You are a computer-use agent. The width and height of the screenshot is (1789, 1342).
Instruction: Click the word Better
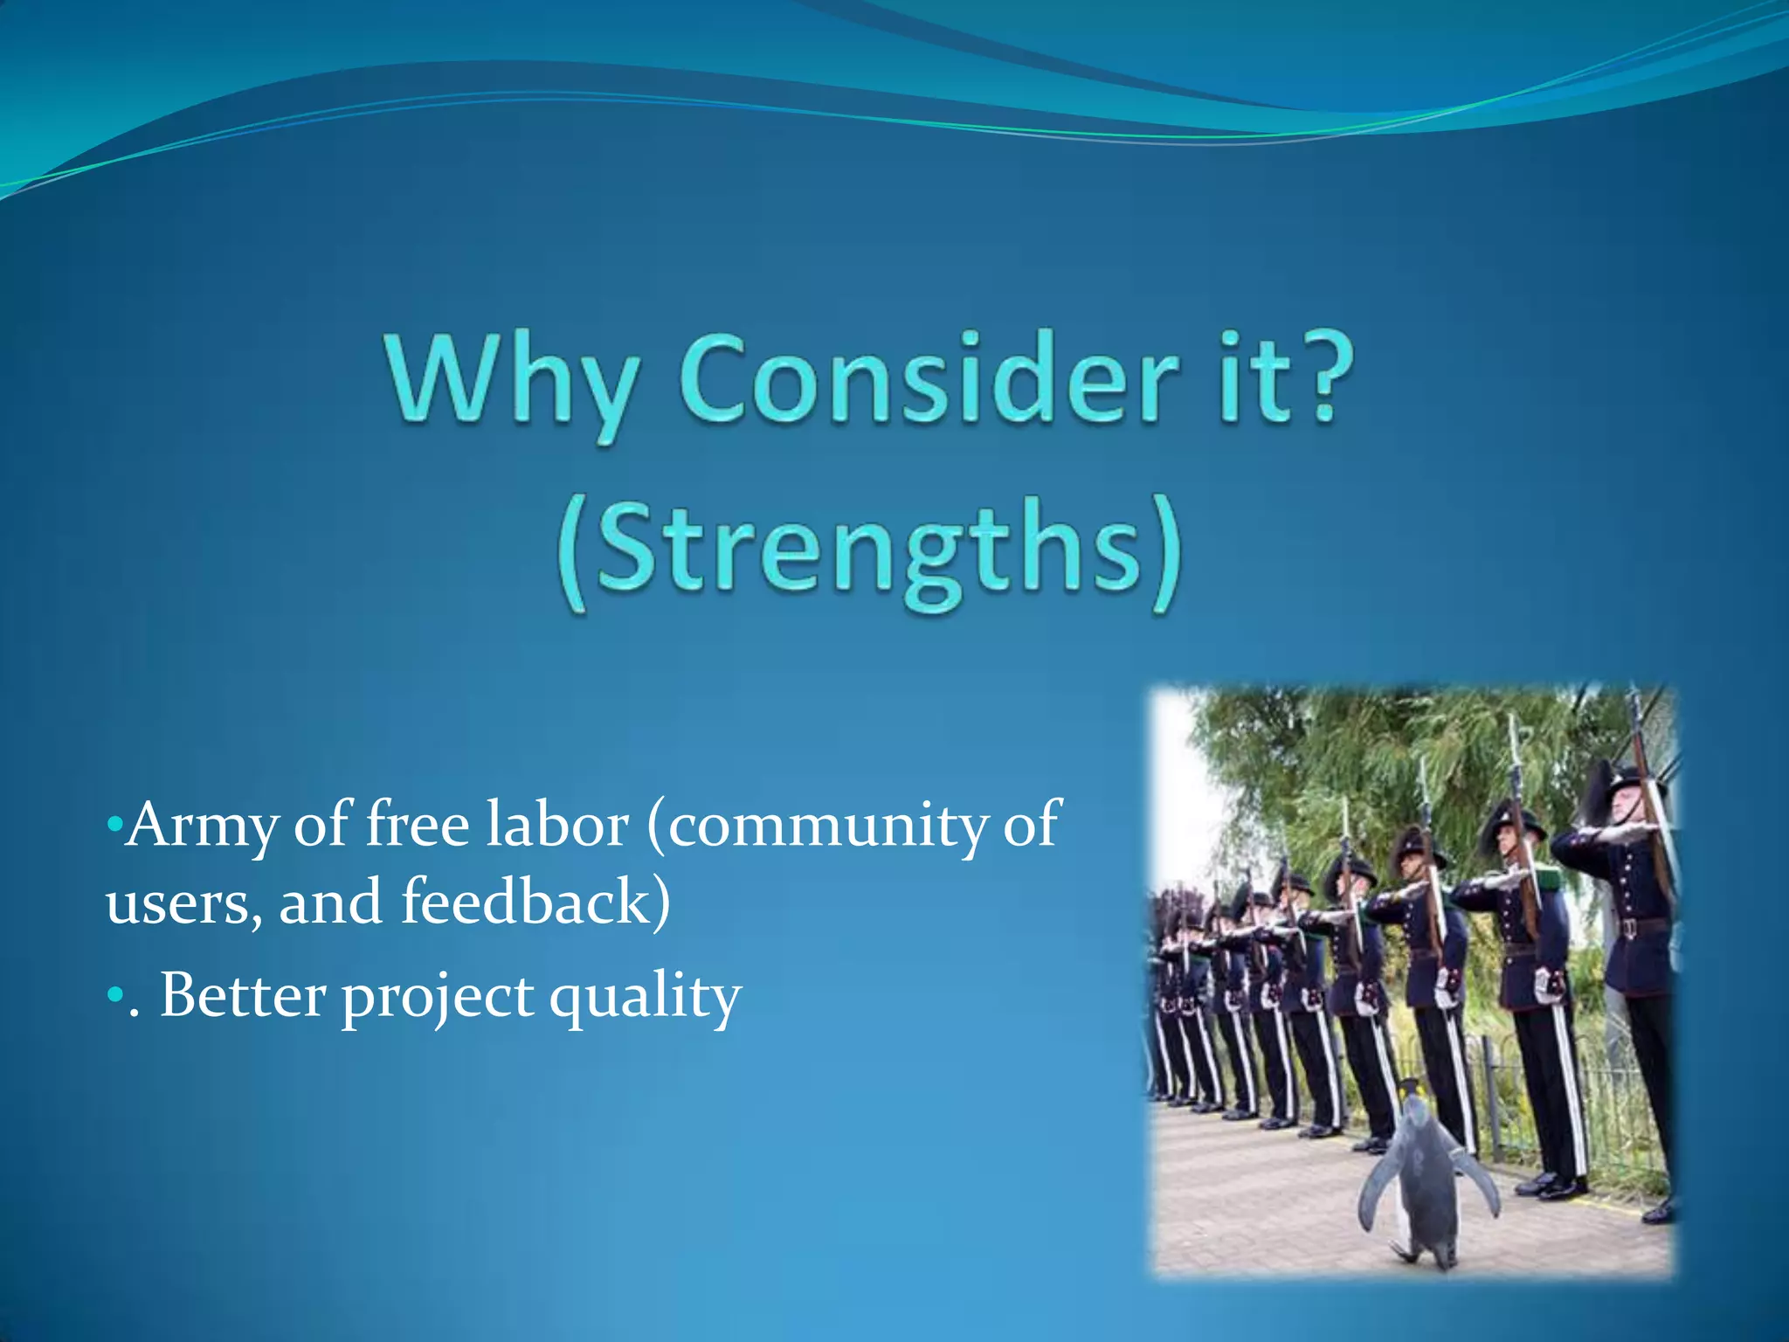point(243,995)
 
